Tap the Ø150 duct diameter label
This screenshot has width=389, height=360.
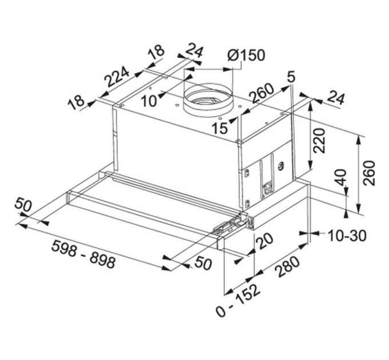(x=245, y=55)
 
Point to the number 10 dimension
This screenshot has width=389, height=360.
(x=149, y=101)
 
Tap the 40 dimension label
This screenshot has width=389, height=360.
(x=341, y=179)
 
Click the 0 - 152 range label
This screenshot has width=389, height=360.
(x=239, y=299)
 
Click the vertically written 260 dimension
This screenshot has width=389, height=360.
(x=369, y=173)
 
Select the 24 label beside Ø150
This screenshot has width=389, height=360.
(x=194, y=52)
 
